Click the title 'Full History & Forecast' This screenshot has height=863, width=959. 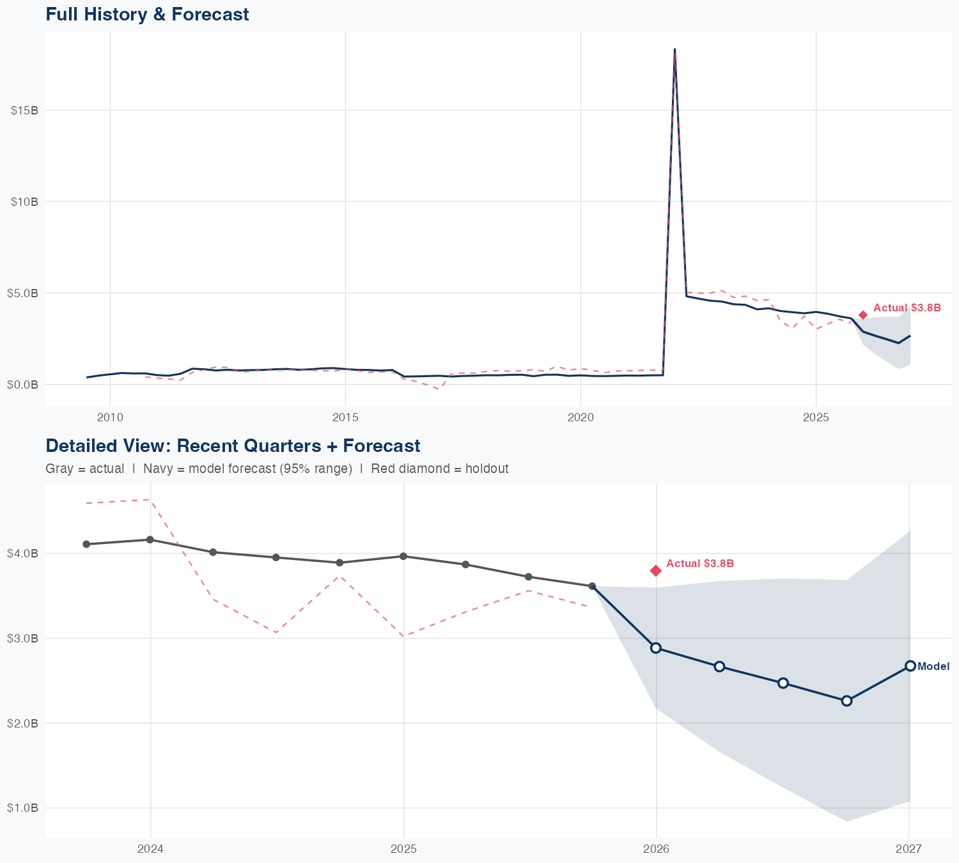147,14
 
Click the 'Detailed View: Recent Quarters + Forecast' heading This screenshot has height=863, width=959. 233,446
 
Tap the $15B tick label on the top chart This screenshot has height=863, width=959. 24,110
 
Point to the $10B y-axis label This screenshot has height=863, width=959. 24,201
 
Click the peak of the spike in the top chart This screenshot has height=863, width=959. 674,50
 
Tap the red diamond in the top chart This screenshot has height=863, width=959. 863,315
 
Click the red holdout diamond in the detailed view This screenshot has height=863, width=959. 656,570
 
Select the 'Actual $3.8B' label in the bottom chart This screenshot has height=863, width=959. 699,563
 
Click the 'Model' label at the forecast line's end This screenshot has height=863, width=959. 933,666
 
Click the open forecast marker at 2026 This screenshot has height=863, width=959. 656,648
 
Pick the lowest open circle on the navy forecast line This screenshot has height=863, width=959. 846,701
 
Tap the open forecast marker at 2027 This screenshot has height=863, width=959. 910,665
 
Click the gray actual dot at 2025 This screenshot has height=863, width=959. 403,556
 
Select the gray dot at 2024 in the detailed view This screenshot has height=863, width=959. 150,540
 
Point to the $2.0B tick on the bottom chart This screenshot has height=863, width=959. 22,723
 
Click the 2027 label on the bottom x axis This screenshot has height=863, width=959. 908,849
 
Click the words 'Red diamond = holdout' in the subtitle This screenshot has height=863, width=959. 439,469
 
